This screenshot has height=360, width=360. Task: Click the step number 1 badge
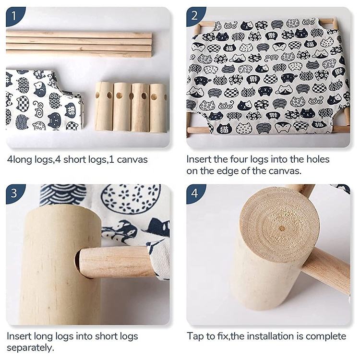pyautogui.click(x=14, y=16)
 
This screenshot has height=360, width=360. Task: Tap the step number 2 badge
pyautogui.click(x=194, y=16)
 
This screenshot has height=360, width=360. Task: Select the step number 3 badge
pyautogui.click(x=14, y=193)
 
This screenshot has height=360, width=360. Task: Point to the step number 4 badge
pyautogui.click(x=194, y=193)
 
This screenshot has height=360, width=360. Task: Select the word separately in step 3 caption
pyautogui.click(x=30, y=348)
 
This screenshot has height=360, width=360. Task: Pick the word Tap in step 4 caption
pyautogui.click(x=195, y=336)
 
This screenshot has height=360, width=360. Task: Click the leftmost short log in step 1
pyautogui.click(x=104, y=106)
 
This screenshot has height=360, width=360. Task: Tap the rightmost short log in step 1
pyautogui.click(x=158, y=108)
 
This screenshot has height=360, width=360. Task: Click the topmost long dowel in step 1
pyautogui.click(x=79, y=35)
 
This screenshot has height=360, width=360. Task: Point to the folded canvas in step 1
pyautogui.click(x=44, y=100)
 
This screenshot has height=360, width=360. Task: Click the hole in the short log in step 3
pyautogui.click(x=78, y=259)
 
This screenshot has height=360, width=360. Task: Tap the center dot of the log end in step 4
pyautogui.click(x=282, y=228)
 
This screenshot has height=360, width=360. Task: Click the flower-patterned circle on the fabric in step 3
pyautogui.click(x=131, y=199)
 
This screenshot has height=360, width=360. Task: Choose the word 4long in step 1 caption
pyautogui.click(x=20, y=159)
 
